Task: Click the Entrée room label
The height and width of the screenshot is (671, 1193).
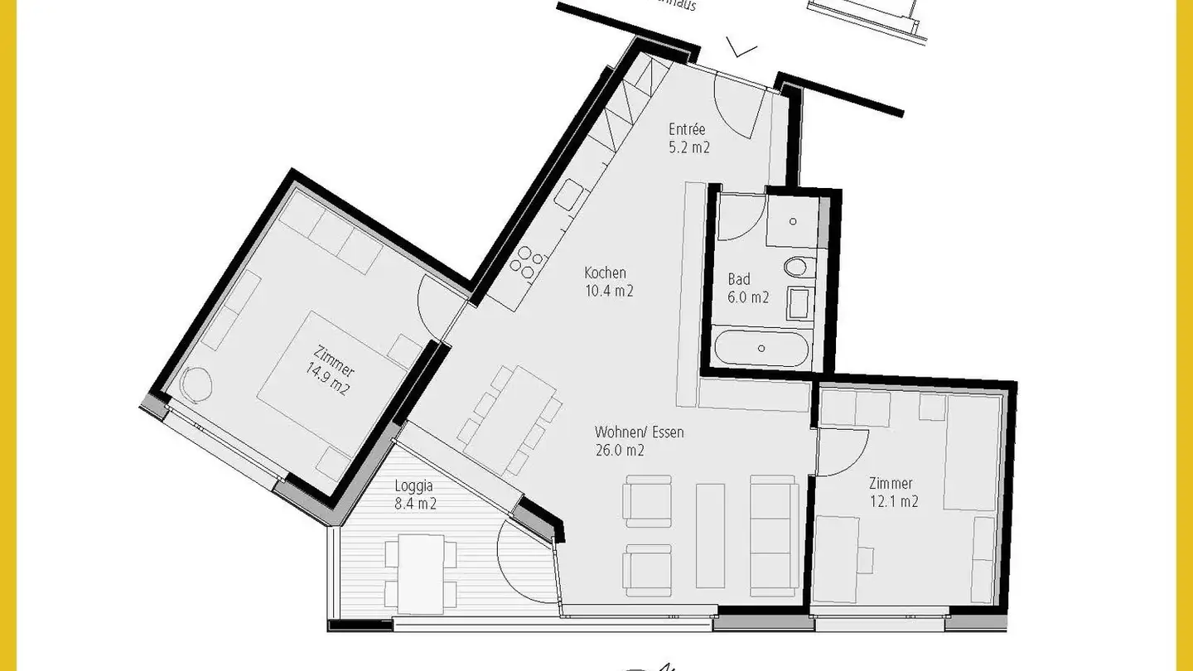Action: (688, 129)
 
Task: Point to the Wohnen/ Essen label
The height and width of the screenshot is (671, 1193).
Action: (639, 432)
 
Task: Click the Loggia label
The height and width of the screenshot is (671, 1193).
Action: (415, 486)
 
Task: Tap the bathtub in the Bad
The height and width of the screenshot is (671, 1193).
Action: (761, 349)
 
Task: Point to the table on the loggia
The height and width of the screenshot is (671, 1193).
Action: (422, 571)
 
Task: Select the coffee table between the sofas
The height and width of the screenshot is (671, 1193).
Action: (711, 535)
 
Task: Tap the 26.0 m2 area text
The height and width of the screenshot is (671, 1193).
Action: (620, 451)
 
